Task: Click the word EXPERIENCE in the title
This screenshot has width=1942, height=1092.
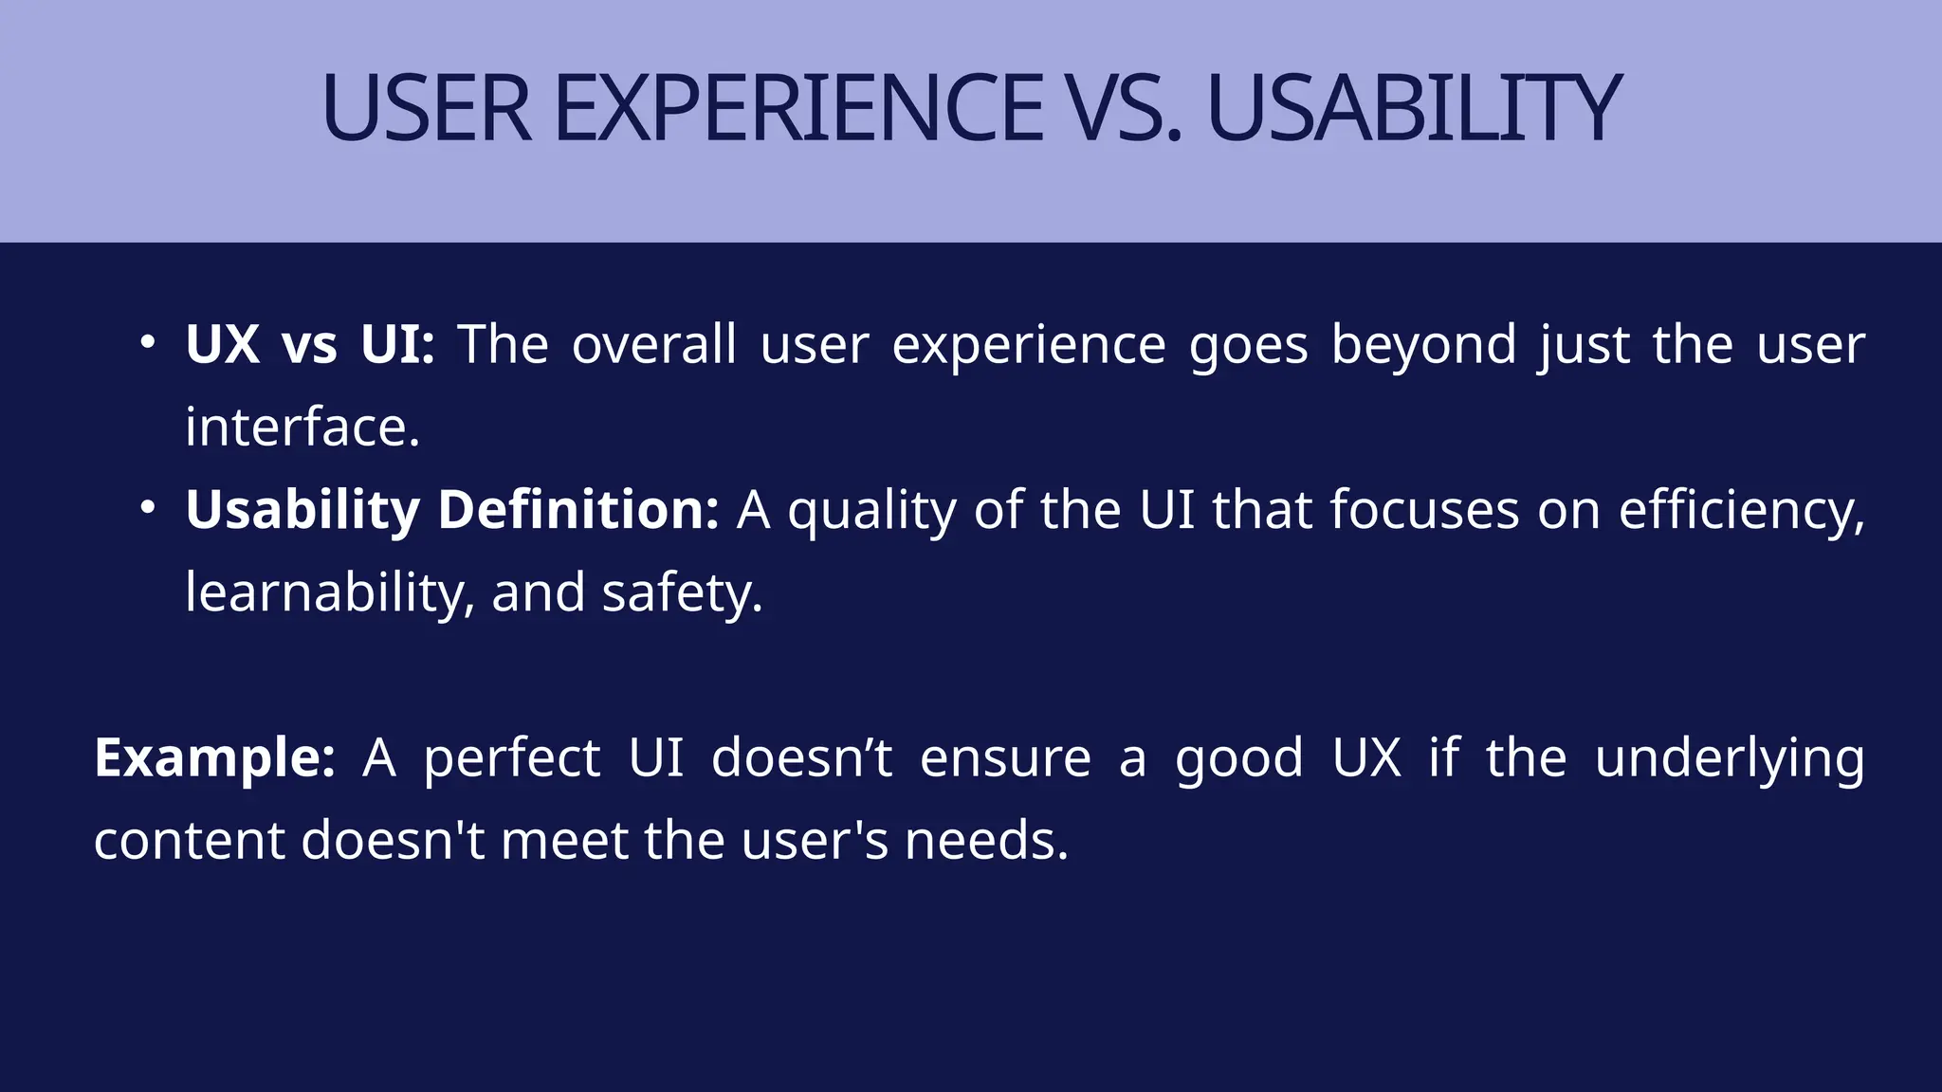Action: point(798,109)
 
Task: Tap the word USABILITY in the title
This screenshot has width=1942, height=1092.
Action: point(1413,109)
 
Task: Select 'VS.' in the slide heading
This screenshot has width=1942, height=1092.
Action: point(1123,109)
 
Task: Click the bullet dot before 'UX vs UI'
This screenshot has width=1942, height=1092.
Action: point(147,342)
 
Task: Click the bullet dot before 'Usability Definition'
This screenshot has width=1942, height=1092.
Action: point(147,508)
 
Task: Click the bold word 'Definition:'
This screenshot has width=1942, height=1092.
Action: point(578,510)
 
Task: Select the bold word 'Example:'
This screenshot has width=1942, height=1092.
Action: point(214,758)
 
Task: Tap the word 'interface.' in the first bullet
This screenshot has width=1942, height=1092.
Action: point(302,428)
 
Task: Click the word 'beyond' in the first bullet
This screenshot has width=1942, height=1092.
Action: point(1423,346)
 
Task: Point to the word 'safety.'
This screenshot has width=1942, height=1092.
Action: point(682,594)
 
